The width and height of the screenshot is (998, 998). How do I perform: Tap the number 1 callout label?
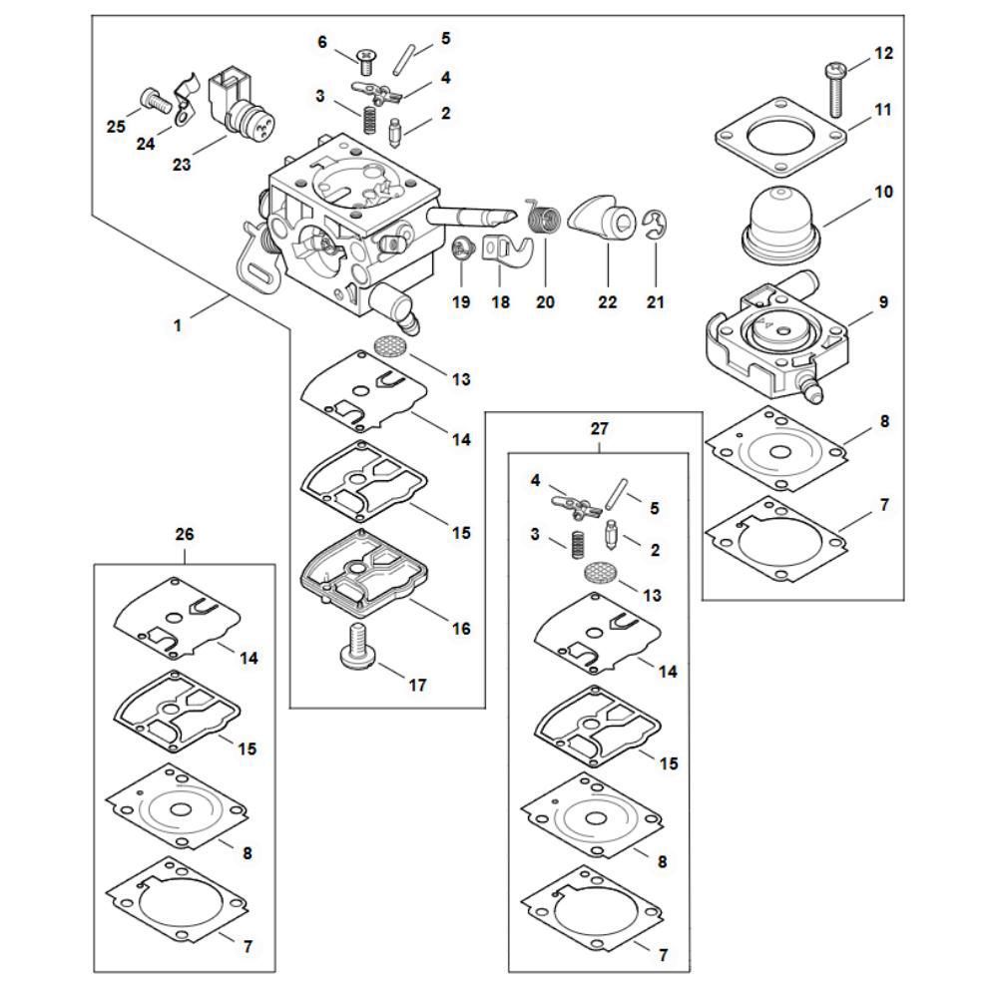coord(180,324)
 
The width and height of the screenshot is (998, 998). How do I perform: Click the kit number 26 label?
coord(184,535)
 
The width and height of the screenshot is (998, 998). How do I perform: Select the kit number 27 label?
coord(598,429)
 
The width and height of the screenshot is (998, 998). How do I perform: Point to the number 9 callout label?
coord(883,300)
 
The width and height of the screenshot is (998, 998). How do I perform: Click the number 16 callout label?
coord(461,629)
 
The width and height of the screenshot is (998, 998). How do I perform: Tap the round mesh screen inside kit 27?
coord(598,574)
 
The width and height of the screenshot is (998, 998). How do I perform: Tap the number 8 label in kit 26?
coord(246,853)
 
